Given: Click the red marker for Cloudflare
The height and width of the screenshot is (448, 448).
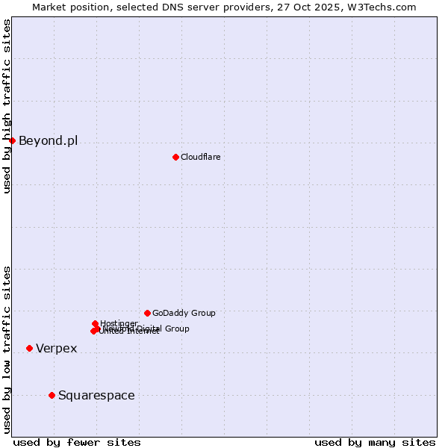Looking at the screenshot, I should (x=175, y=157).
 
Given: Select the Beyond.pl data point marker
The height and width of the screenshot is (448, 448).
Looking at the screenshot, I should (x=12, y=140).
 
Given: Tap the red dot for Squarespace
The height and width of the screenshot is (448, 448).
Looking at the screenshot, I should (x=52, y=395).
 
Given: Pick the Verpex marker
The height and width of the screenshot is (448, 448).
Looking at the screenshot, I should (x=29, y=348).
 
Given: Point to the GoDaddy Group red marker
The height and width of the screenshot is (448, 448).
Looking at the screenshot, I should (x=147, y=313).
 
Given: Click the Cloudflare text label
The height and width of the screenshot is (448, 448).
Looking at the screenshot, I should (x=200, y=157).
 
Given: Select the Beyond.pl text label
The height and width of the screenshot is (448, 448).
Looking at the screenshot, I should (x=48, y=140).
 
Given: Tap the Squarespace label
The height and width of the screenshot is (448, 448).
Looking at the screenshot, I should (x=96, y=395).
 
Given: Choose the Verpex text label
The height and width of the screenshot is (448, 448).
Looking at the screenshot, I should (x=56, y=348).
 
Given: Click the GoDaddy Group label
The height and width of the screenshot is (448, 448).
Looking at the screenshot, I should (x=184, y=313).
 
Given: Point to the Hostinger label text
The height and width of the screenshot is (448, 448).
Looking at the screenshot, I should (x=119, y=323).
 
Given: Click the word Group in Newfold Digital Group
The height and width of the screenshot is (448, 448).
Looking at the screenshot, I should (x=176, y=329).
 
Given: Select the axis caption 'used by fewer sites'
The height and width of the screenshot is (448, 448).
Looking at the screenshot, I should (x=77, y=442).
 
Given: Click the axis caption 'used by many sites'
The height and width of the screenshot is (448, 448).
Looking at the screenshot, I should (x=375, y=442).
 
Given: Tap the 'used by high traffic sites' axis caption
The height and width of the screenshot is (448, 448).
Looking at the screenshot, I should (x=7, y=106).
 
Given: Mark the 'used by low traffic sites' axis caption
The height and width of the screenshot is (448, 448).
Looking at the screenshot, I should (x=7, y=349).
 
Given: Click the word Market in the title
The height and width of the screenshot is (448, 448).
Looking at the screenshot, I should (x=49, y=7).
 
